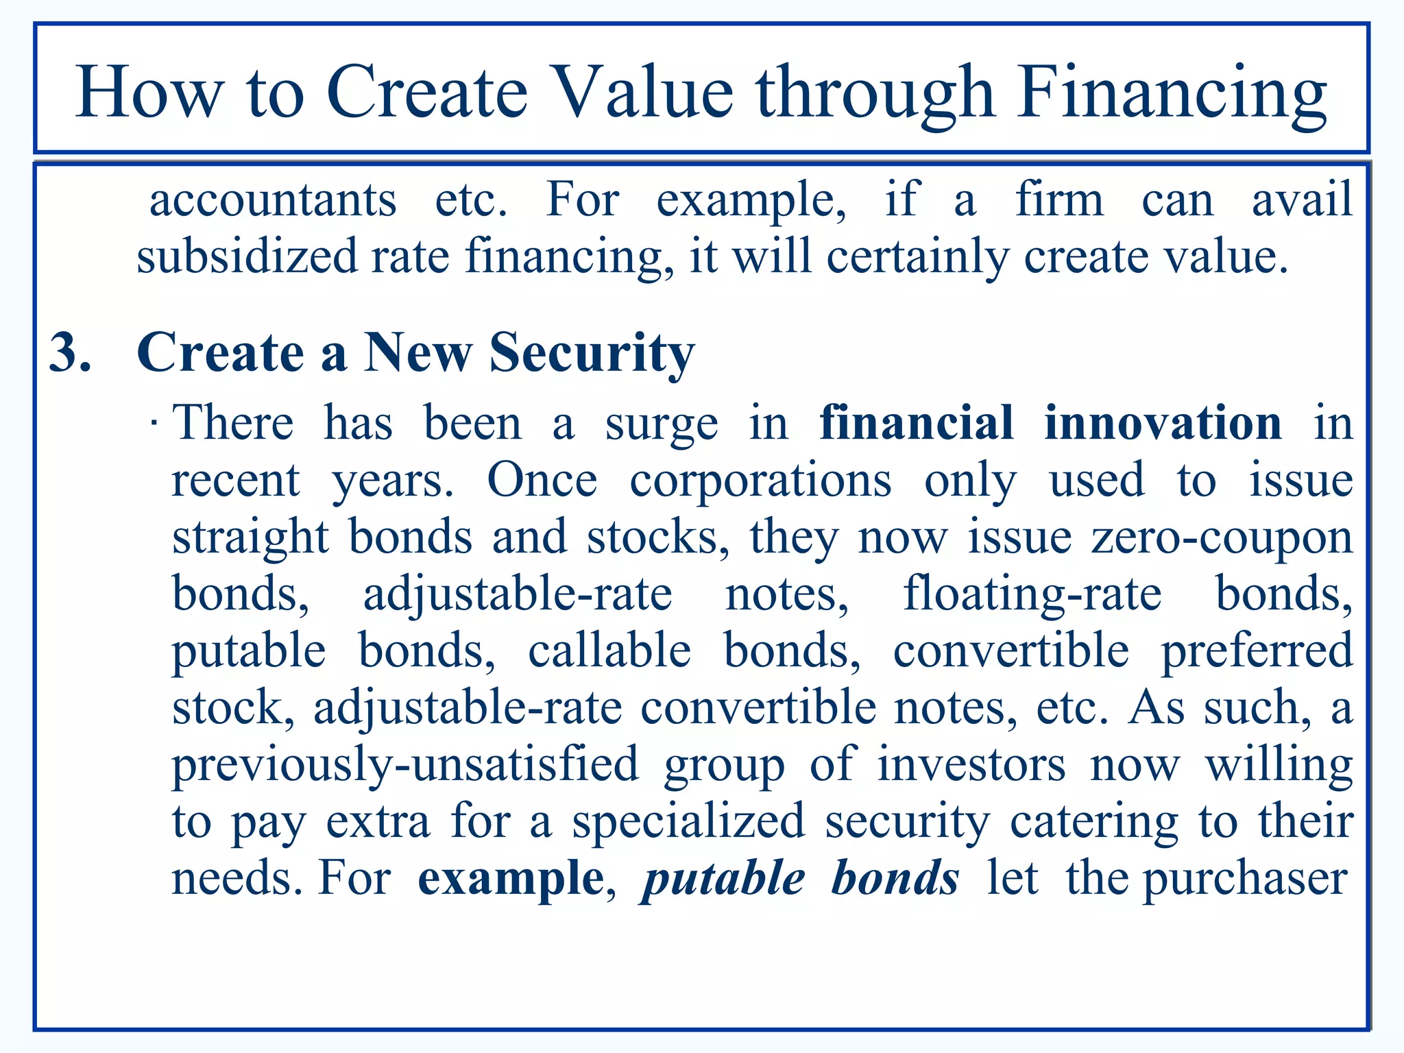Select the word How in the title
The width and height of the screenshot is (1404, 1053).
coord(149,93)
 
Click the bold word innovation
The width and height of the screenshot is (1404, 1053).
coord(1163,423)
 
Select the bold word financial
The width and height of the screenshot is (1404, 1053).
coord(916,423)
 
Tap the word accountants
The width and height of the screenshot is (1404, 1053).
coord(273,200)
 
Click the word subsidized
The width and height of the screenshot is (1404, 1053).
coord(247,256)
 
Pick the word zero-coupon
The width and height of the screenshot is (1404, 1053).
coord(1222,537)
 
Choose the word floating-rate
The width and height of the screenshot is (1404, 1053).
coord(1032,594)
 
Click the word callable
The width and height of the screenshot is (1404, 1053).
coord(609,651)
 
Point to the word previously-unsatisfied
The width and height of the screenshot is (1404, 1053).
coord(404,764)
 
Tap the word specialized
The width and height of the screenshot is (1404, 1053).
coord(688,821)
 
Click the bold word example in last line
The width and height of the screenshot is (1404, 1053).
coord(511,879)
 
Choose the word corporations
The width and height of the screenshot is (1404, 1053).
coord(760,481)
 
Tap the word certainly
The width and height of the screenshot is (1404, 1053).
coord(917,256)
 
